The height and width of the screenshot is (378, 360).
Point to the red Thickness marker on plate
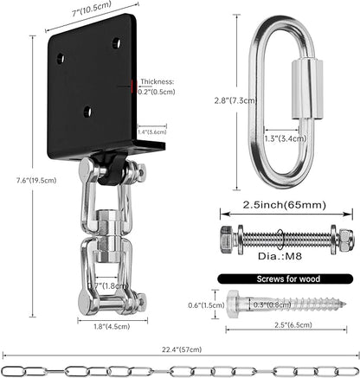[x=132, y=84]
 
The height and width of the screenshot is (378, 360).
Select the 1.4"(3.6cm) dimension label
[x=153, y=131]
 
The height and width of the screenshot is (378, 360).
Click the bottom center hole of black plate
[x=87, y=112]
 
